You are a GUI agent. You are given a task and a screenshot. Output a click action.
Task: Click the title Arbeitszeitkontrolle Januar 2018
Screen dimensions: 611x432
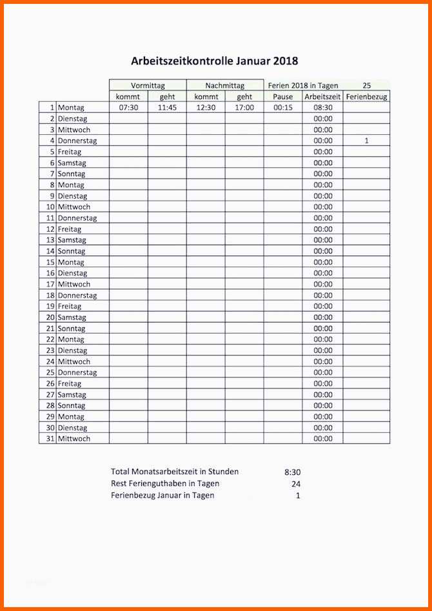[x=215, y=61]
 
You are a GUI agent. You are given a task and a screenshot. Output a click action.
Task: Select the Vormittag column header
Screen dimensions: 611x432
[x=148, y=85]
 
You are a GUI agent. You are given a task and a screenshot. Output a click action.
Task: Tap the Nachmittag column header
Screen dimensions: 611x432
[x=224, y=85]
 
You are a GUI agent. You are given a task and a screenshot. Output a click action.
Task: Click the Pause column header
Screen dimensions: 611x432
[x=283, y=97]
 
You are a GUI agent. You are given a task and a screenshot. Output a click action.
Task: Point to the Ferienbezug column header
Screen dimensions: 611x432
[x=366, y=97]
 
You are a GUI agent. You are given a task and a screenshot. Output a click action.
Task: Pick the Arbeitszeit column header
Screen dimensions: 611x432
[x=322, y=97]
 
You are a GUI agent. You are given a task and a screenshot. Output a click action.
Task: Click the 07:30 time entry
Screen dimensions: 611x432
[x=128, y=108]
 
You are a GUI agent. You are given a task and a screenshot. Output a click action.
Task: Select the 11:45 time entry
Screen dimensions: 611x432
[x=167, y=108]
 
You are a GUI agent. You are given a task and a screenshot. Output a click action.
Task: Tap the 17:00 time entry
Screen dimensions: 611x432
[x=244, y=108]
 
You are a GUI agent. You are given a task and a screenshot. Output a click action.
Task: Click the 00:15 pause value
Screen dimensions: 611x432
[x=283, y=108]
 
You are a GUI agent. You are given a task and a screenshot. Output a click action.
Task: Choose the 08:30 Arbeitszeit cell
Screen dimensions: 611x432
[x=323, y=108]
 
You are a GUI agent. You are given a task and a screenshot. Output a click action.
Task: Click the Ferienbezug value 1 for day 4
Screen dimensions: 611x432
[x=366, y=141]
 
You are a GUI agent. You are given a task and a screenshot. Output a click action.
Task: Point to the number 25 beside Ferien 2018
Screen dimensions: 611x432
[x=366, y=85]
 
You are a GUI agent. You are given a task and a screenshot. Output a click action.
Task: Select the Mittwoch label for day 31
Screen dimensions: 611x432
[x=74, y=439]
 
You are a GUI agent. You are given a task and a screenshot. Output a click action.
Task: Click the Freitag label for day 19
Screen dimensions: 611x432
[x=70, y=306]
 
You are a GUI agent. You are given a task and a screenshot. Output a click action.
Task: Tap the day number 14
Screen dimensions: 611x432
[x=50, y=251]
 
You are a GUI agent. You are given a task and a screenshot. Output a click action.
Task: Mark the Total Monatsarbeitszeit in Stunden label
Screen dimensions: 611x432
[x=175, y=472]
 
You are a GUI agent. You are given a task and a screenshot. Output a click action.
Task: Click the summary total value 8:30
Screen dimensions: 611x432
[x=292, y=472]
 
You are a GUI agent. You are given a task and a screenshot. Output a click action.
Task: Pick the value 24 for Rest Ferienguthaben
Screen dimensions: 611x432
[x=295, y=483]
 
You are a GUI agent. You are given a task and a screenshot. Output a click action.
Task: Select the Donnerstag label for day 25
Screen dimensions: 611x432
[x=77, y=372]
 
